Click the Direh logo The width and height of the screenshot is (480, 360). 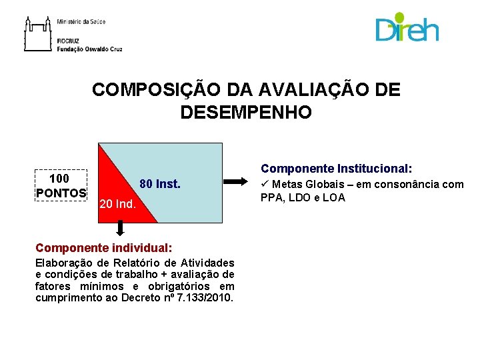tap(407, 29)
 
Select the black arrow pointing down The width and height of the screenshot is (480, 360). tap(120, 229)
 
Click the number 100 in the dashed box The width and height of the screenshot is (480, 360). tap(59, 179)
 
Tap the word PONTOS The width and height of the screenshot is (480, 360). tap(61, 193)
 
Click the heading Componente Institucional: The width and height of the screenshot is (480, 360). tap(337, 169)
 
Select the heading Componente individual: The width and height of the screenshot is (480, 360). tap(99, 247)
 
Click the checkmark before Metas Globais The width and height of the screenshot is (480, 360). tap(265, 184)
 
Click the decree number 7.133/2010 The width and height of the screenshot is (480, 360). tap(207, 297)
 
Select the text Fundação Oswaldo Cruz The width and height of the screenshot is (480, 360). tap(89, 49)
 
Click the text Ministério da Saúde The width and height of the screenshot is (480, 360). tap(81, 22)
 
